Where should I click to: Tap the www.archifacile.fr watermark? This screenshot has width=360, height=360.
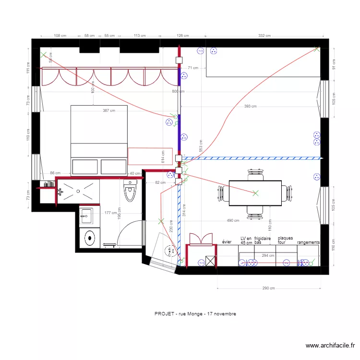tap(331, 346)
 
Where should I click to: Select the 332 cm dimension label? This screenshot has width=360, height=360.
tap(264, 36)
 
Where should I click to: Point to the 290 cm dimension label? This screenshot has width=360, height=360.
tap(268, 288)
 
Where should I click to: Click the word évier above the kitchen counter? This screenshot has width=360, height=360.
tap(227, 243)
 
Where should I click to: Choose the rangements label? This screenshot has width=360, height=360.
tap(308, 243)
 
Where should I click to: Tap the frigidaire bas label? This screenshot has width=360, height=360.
tap(263, 240)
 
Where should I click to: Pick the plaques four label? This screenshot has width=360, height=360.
tap(285, 240)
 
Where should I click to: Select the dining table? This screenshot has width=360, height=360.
tap(254, 192)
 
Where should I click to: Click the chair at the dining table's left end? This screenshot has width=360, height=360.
tap(222, 193)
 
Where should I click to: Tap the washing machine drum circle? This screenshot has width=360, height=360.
tap(90, 237)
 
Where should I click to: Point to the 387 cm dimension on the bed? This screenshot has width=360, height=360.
tap(109, 110)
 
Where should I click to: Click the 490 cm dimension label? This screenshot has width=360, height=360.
tap(233, 220)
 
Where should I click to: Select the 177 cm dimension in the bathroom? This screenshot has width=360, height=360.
tap(110, 212)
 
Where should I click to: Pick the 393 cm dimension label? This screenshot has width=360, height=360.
tap(250, 107)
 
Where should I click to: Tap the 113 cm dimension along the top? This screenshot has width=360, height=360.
tap(140, 36)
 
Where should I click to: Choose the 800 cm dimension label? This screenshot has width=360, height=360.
tap(178, 91)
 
